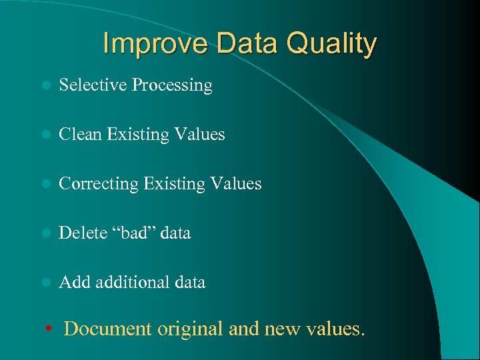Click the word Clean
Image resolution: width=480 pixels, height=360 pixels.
coord(80,135)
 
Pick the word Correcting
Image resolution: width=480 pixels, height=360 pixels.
coord(98,184)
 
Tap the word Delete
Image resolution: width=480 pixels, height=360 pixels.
coord(83,233)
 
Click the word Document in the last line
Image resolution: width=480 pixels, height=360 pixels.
coord(109,329)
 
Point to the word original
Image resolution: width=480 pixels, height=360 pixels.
coord(191,329)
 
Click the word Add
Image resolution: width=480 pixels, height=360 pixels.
coord(75,283)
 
